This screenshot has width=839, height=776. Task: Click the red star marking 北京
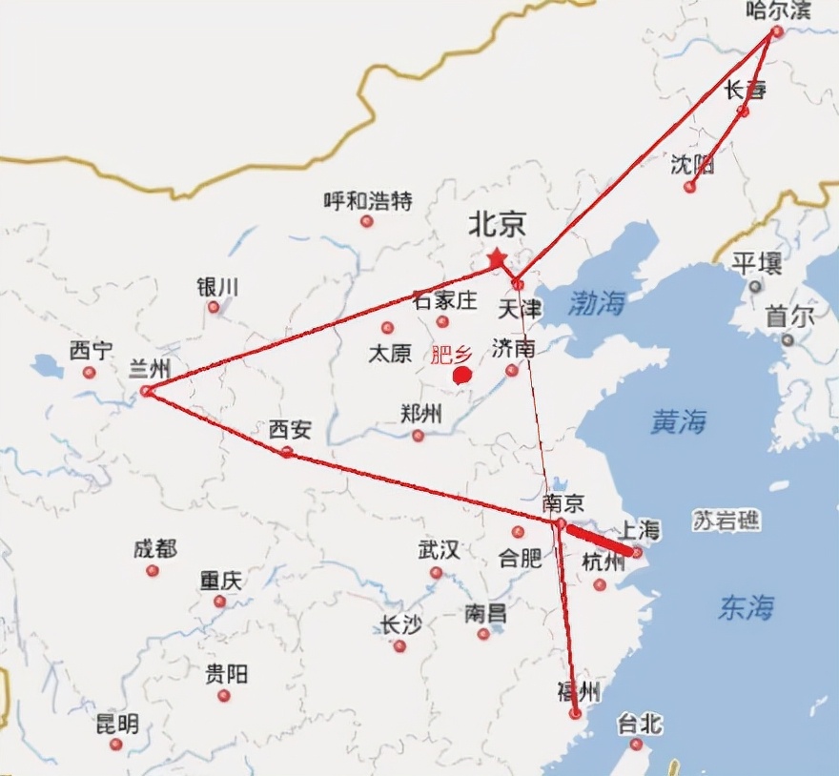[x=496, y=258]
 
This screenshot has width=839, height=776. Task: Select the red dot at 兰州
[x=146, y=391]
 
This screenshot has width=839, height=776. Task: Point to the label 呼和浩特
[x=368, y=201]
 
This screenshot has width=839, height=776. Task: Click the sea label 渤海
[x=597, y=303]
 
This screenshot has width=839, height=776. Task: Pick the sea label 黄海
[x=678, y=421]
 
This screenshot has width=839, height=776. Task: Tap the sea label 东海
[x=746, y=607]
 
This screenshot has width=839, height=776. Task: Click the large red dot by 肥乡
[x=462, y=375]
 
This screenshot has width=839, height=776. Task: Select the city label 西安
[x=290, y=430]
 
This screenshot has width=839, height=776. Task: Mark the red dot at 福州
[x=575, y=713]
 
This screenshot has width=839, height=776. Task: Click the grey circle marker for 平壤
[x=755, y=285]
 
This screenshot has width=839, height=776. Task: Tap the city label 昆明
[x=117, y=724]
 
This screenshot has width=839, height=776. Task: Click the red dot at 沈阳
[x=689, y=187]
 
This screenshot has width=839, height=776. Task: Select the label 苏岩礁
[x=727, y=521]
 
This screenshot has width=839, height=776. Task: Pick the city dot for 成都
[x=152, y=570]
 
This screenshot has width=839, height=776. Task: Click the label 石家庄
[x=444, y=300]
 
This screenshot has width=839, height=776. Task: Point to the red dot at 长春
[x=744, y=112]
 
